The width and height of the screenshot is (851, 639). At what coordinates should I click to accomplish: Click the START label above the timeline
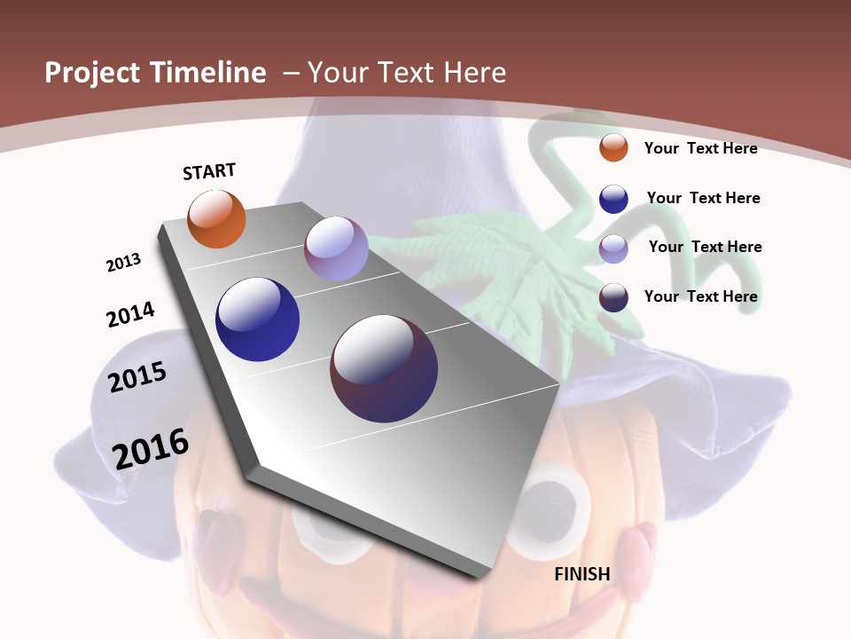[x=209, y=171]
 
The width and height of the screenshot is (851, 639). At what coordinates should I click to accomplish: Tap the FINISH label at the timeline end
[x=582, y=574]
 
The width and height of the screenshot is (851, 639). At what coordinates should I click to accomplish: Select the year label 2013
[x=123, y=263]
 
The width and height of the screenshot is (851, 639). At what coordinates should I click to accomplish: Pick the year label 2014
[x=130, y=315]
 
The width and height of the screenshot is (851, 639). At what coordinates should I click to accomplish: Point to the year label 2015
[x=137, y=377]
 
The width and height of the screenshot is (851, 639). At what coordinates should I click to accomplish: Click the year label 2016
[x=151, y=449]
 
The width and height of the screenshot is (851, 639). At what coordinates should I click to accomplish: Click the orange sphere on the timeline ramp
[x=216, y=219]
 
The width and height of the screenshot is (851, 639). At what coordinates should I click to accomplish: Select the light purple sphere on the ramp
[x=336, y=248]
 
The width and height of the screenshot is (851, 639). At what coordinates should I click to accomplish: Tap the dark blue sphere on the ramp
[x=257, y=319]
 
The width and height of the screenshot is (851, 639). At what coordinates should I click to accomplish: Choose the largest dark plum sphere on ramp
[x=384, y=368]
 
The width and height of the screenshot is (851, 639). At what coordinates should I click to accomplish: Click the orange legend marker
[x=613, y=147]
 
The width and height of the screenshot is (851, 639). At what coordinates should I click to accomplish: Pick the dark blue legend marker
[x=613, y=199]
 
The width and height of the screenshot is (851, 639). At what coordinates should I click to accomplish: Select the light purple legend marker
[x=613, y=248]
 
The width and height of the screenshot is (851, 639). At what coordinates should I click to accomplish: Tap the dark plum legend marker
[x=613, y=297]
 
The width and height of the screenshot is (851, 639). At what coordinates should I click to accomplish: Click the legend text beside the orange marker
[x=700, y=148]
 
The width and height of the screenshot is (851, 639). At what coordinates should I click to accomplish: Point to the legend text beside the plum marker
[x=700, y=296]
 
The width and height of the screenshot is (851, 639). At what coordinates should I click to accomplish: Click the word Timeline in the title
[x=209, y=73]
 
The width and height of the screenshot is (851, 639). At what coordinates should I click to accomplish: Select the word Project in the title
[x=95, y=73]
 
